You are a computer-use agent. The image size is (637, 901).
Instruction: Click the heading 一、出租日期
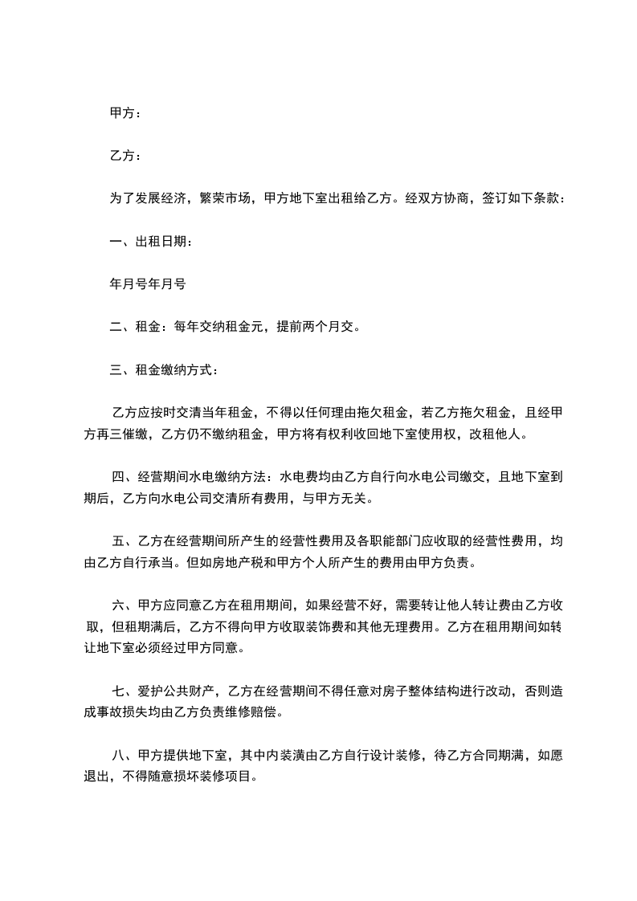coord(150,241)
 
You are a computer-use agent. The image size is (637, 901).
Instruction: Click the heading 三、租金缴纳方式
coord(163,370)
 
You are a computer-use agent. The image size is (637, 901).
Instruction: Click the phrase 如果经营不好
coord(338,605)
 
